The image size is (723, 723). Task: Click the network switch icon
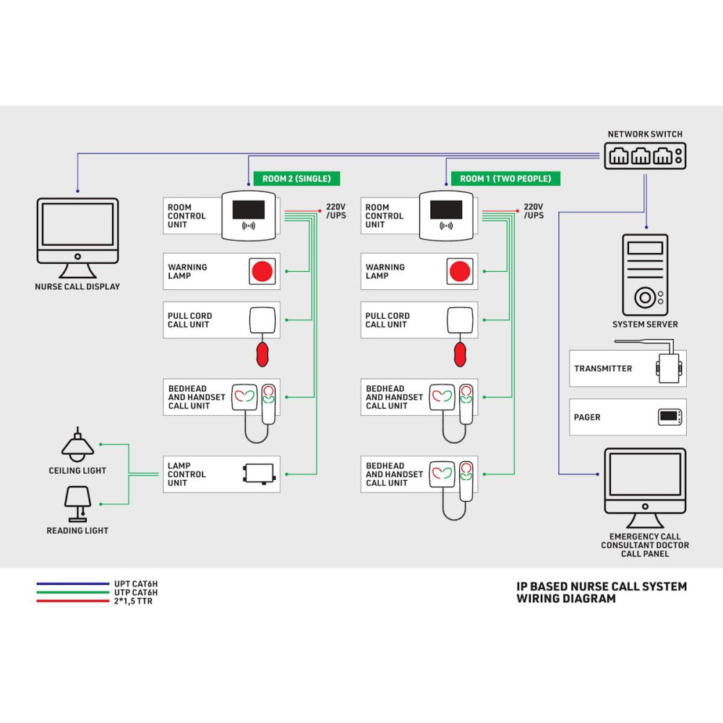[x=644, y=155]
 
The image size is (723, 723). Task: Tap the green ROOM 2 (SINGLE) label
[x=296, y=179]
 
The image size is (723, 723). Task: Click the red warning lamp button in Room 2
[x=262, y=272]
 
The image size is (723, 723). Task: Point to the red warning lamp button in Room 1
[x=460, y=272]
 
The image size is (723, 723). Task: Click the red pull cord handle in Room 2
[x=262, y=354]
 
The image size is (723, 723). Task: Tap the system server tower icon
[x=645, y=275]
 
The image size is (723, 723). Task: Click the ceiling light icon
[x=77, y=446]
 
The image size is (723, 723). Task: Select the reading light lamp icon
[x=77, y=502]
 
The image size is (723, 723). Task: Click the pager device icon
[x=669, y=417]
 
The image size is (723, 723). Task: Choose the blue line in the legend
[x=72, y=583]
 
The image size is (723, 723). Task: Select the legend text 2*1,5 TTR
[x=133, y=602]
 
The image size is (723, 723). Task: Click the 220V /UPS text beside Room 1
[x=534, y=211]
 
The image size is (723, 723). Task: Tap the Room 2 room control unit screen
[x=248, y=210]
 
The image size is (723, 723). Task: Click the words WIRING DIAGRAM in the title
[x=566, y=599]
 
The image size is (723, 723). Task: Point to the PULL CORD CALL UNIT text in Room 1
[x=387, y=320]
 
